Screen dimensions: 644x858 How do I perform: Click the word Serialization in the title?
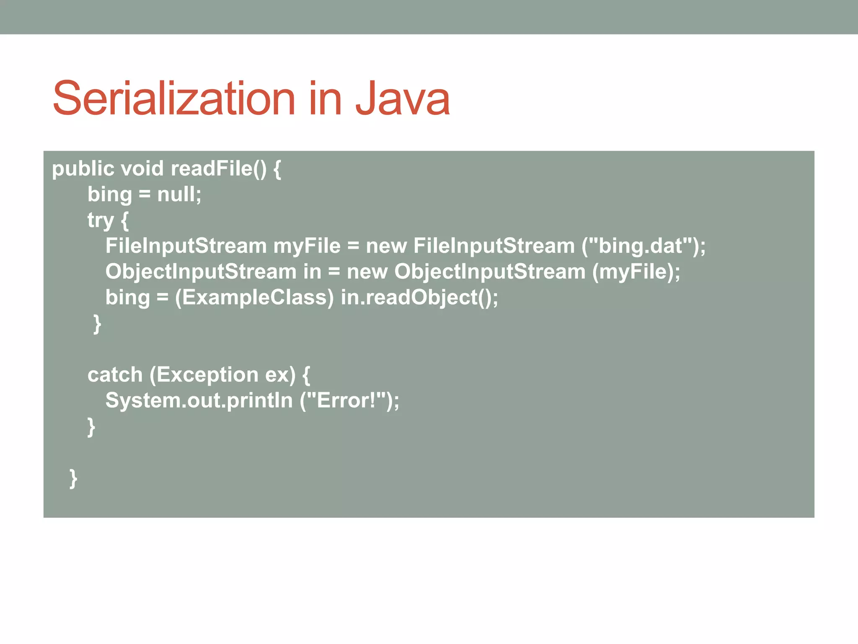(174, 99)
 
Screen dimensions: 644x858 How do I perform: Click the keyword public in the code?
(83, 169)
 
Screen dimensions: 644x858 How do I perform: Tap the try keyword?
(101, 221)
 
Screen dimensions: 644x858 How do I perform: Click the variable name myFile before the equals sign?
(307, 246)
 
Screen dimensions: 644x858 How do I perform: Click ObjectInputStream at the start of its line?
(201, 272)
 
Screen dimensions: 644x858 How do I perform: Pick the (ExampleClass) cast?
(254, 298)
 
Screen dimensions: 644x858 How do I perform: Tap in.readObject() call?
(419, 298)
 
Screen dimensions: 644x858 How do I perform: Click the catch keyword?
(115, 375)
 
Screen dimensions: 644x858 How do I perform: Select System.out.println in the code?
(199, 400)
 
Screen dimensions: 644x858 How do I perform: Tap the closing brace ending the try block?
(97, 324)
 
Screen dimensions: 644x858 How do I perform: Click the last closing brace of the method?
(73, 478)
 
